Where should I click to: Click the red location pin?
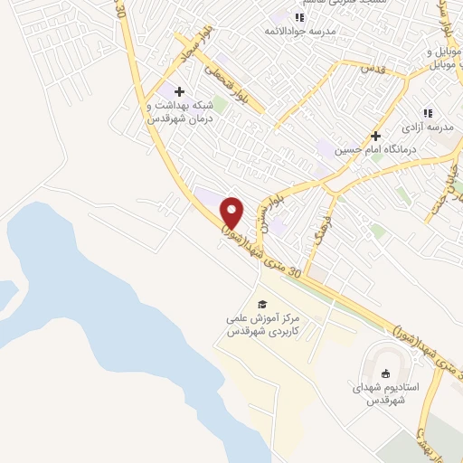(232, 213)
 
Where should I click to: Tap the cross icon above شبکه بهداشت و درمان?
(179, 91)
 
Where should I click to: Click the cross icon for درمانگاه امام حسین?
(375, 136)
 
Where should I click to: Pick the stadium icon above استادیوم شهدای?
(387, 373)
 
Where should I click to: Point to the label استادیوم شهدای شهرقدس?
(386, 393)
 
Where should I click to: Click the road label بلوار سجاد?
(194, 45)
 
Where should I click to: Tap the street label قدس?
(373, 68)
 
